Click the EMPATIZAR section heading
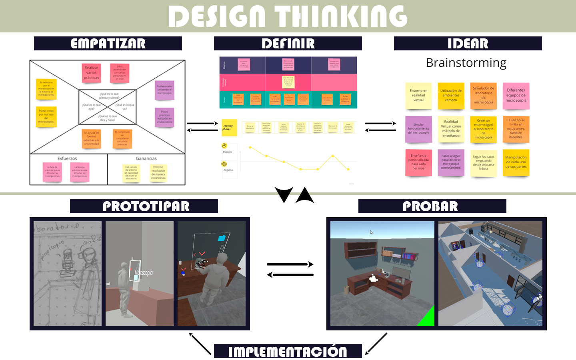pos(108,44)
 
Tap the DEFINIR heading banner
pos(288,44)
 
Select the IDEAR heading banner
pos(468,44)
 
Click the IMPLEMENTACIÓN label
pos(288,352)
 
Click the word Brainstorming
pos(466,63)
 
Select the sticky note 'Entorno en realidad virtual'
pos(418,96)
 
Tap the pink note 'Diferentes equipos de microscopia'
pos(516,96)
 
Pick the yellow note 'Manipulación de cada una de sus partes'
pos(516,162)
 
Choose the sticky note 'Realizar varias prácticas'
pos(91,73)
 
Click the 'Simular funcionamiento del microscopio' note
pos(418,129)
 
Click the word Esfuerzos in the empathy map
pos(67,158)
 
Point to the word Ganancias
pos(146,158)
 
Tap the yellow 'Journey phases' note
pos(229,128)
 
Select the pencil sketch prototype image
pos(68,274)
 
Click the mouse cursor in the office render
pos(371,232)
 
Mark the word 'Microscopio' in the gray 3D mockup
pos(144,273)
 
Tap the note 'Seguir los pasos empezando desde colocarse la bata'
pos(484,162)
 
